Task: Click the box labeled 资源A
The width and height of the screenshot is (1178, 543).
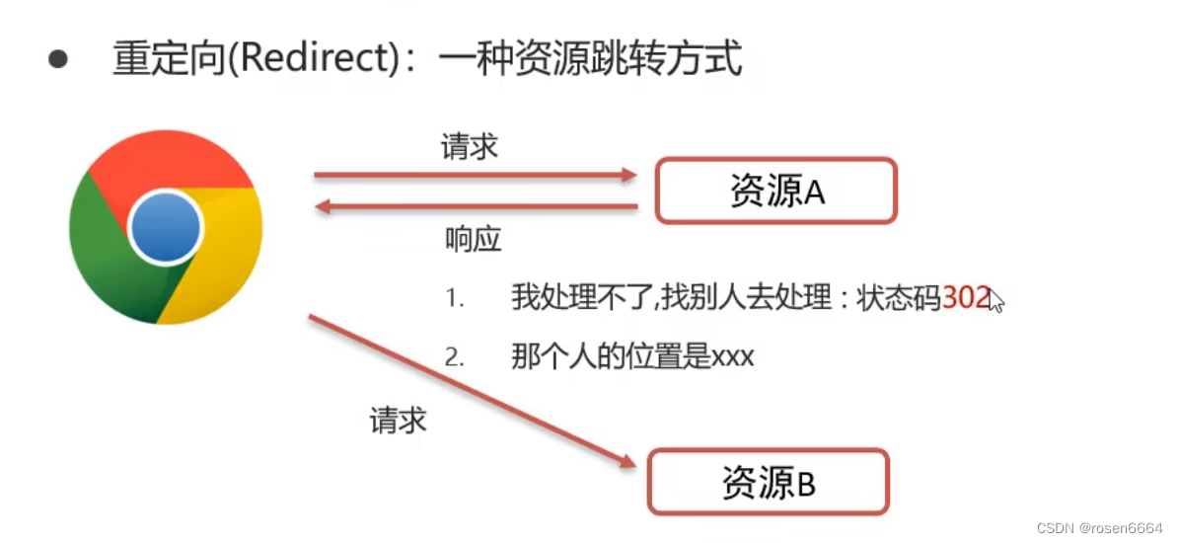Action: (x=776, y=191)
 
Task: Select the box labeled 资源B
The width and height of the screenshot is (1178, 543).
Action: (x=768, y=483)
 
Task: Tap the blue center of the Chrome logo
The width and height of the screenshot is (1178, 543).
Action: (x=165, y=228)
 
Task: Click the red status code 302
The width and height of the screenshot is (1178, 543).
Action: (x=965, y=297)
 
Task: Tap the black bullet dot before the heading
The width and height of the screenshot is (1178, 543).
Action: (x=58, y=59)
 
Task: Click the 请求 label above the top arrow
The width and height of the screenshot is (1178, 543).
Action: (x=469, y=147)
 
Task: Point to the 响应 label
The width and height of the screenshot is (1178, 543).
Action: (x=474, y=240)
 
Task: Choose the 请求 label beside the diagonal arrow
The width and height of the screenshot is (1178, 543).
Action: (x=398, y=420)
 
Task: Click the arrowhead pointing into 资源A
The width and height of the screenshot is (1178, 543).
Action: (x=628, y=176)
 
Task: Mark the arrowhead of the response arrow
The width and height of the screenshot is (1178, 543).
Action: (x=322, y=206)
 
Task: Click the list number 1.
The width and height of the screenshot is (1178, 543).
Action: (x=454, y=298)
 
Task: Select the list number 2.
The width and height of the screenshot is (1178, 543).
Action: (x=454, y=357)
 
